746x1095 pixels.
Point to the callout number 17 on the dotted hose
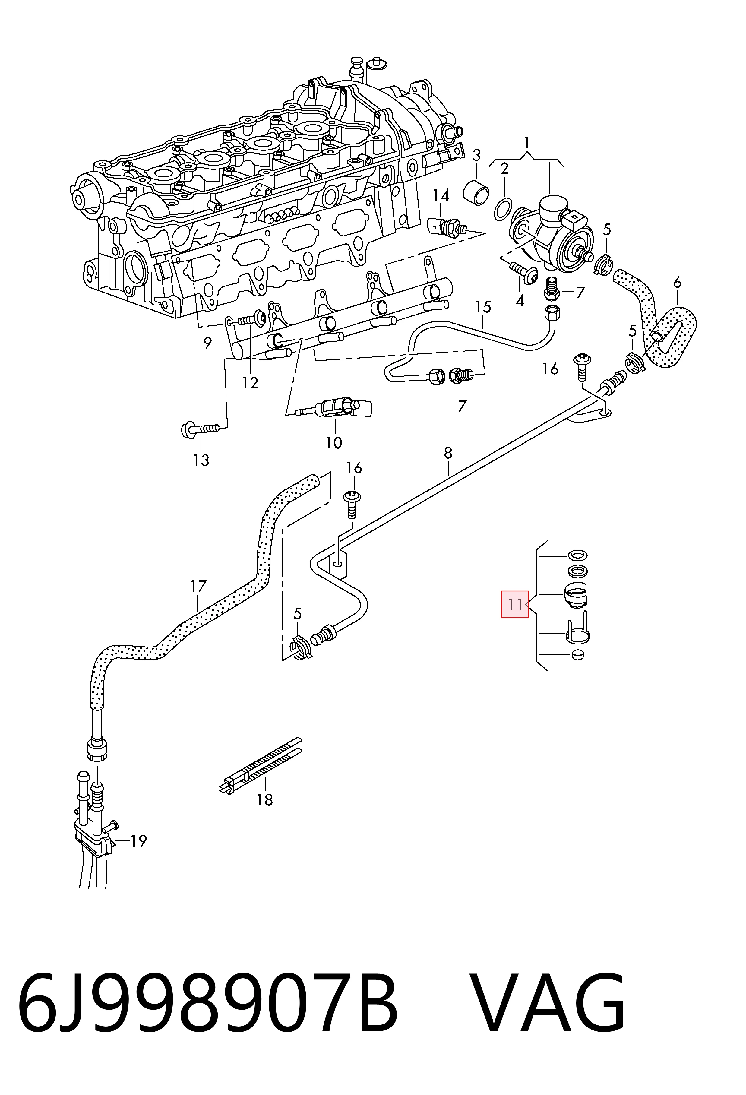click(x=198, y=586)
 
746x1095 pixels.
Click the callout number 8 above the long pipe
click(x=448, y=453)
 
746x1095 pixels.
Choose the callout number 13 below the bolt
click(x=201, y=460)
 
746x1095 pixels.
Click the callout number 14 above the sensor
click(x=441, y=195)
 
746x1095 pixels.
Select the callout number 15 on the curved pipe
click(x=483, y=307)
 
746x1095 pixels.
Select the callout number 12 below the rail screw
click(x=250, y=383)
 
